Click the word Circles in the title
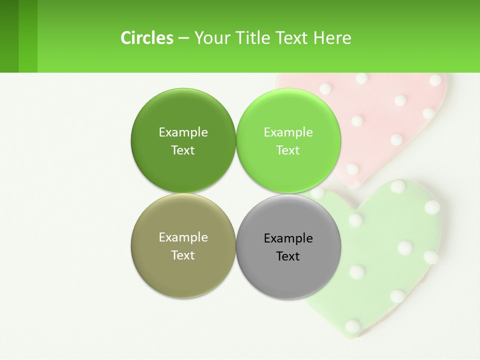click(x=147, y=38)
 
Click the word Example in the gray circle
click(x=288, y=238)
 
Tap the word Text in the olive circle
click(x=183, y=255)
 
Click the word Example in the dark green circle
click(x=183, y=132)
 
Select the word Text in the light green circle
click(x=288, y=150)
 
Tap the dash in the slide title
click(x=183, y=38)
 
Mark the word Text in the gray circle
click(x=288, y=256)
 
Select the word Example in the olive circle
click(x=183, y=237)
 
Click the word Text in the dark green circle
click(x=183, y=150)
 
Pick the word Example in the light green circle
click(x=288, y=132)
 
